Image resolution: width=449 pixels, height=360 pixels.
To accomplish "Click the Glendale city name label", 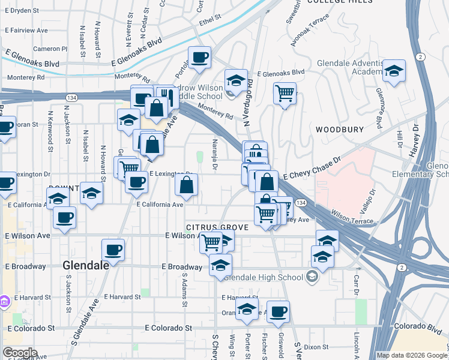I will [x=86, y=265].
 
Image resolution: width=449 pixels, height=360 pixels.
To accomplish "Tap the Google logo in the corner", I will [x=20, y=353].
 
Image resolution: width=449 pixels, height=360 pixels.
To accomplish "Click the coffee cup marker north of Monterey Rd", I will [x=199, y=58].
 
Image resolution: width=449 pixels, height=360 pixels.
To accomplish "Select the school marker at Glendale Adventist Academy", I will [x=394, y=71].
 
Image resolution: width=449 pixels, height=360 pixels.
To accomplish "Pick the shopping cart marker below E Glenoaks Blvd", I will [x=284, y=93].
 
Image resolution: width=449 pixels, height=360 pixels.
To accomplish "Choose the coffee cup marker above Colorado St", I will [x=278, y=311].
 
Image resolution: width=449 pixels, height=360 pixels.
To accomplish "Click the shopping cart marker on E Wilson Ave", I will [x=211, y=242].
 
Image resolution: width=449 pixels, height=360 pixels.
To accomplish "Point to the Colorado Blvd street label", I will [x=415, y=327].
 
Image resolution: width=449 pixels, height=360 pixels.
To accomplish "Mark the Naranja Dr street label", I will [x=214, y=154].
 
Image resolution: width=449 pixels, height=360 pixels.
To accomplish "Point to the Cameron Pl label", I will [x=54, y=49].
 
